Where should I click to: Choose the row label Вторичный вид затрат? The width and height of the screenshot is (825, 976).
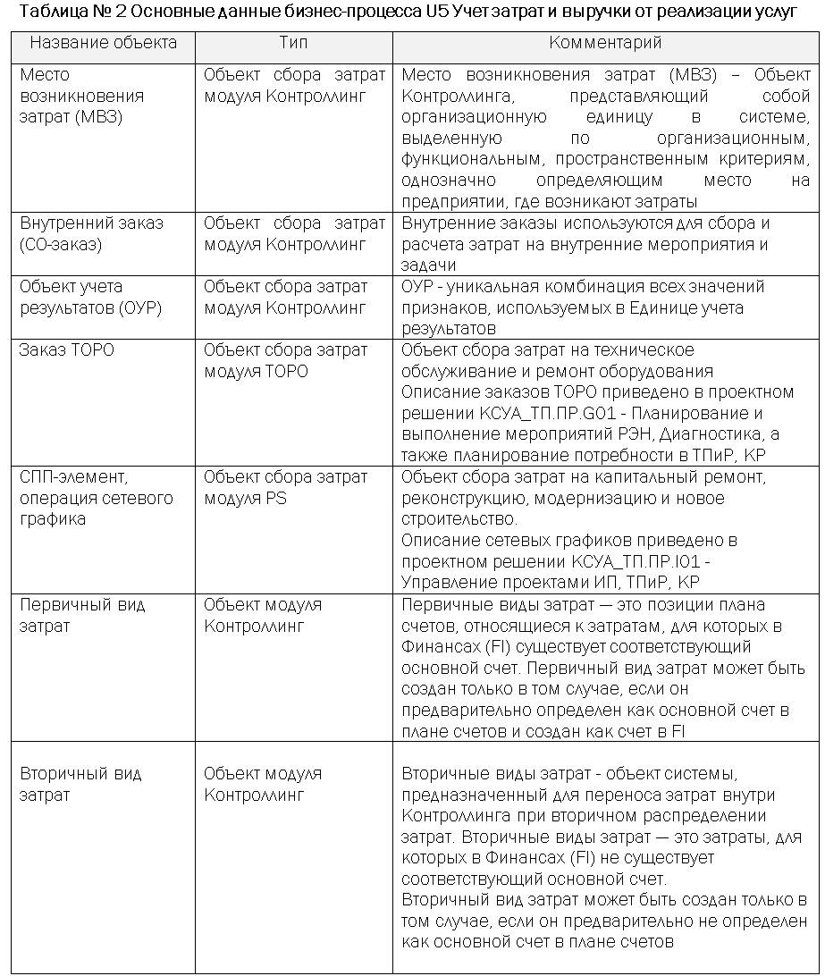[x=80, y=784]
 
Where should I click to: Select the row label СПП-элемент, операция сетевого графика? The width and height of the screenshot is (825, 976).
[x=96, y=498]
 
